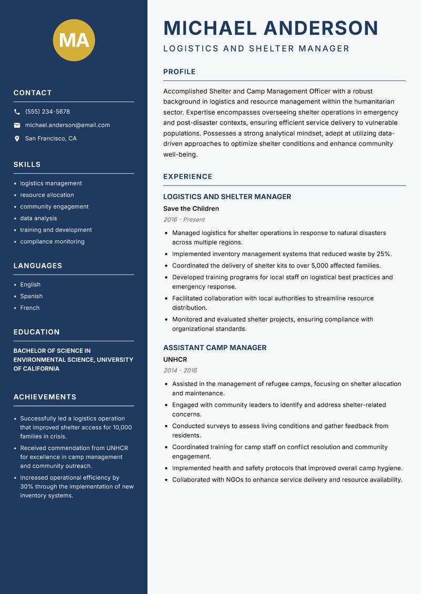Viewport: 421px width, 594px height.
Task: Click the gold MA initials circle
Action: point(74,40)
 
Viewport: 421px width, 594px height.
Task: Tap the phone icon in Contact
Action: point(17,112)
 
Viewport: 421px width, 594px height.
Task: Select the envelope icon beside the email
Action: point(17,125)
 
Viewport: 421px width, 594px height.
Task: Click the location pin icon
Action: point(17,139)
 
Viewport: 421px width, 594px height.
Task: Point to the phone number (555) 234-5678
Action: point(47,112)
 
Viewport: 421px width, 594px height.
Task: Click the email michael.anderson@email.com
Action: point(67,125)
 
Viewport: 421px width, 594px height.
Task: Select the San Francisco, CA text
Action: point(51,139)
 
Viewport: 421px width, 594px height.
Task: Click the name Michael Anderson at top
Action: point(271,28)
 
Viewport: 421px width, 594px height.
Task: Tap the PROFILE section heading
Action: point(179,72)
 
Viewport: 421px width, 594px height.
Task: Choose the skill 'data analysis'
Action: point(38,218)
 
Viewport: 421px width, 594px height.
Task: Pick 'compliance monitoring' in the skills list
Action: point(52,242)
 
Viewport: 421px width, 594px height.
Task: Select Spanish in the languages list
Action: point(31,296)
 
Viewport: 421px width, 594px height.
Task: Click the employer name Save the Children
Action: point(191,209)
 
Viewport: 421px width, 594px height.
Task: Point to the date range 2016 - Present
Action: point(184,220)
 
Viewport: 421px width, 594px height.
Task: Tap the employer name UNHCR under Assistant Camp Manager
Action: point(175,360)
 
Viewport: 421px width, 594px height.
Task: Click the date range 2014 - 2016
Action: point(180,371)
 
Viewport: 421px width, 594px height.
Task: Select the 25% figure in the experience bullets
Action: point(384,254)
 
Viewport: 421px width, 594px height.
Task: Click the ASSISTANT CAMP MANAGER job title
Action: point(215,347)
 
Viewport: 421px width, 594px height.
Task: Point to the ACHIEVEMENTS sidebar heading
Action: point(45,397)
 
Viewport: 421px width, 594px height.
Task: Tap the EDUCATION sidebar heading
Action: point(36,332)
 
